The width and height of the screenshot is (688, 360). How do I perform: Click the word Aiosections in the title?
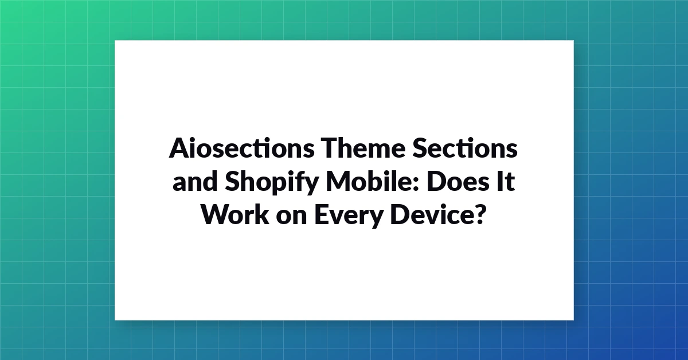241,148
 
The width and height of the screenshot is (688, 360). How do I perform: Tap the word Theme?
363,148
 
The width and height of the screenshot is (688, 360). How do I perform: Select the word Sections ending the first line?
465,148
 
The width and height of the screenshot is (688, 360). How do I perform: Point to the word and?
195,181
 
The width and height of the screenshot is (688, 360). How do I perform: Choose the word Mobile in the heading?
369,181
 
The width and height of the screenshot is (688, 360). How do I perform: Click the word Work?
236,214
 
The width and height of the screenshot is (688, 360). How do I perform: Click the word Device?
431,214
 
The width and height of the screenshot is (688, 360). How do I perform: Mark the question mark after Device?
479,214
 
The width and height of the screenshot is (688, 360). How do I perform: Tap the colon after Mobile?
416,185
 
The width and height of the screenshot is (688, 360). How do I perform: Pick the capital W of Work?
217,214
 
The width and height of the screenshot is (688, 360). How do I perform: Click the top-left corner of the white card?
115,40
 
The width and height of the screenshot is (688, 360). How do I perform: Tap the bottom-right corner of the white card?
574,320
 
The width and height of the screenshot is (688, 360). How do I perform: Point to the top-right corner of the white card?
574,40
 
